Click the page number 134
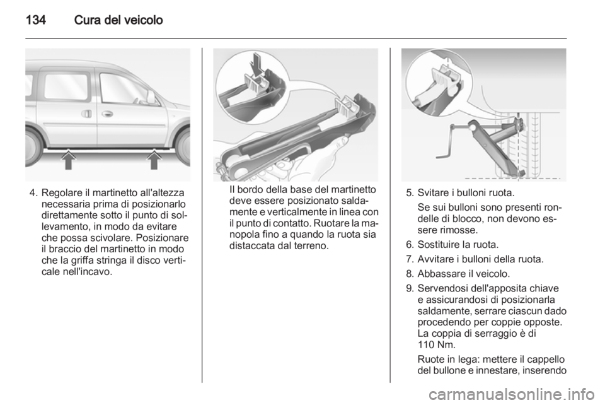click(36, 20)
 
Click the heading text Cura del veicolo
click(118, 20)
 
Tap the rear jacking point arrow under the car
click(68, 160)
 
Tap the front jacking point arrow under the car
click(154, 160)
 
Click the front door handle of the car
click(107, 114)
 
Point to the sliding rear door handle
click(87, 114)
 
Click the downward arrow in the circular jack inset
click(256, 63)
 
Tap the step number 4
click(33, 192)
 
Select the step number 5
click(410, 192)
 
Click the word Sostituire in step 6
click(436, 245)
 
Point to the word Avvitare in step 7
click(434, 259)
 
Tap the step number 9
click(410, 288)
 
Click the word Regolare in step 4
click(59, 193)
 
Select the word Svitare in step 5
click(433, 192)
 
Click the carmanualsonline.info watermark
click(512, 394)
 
